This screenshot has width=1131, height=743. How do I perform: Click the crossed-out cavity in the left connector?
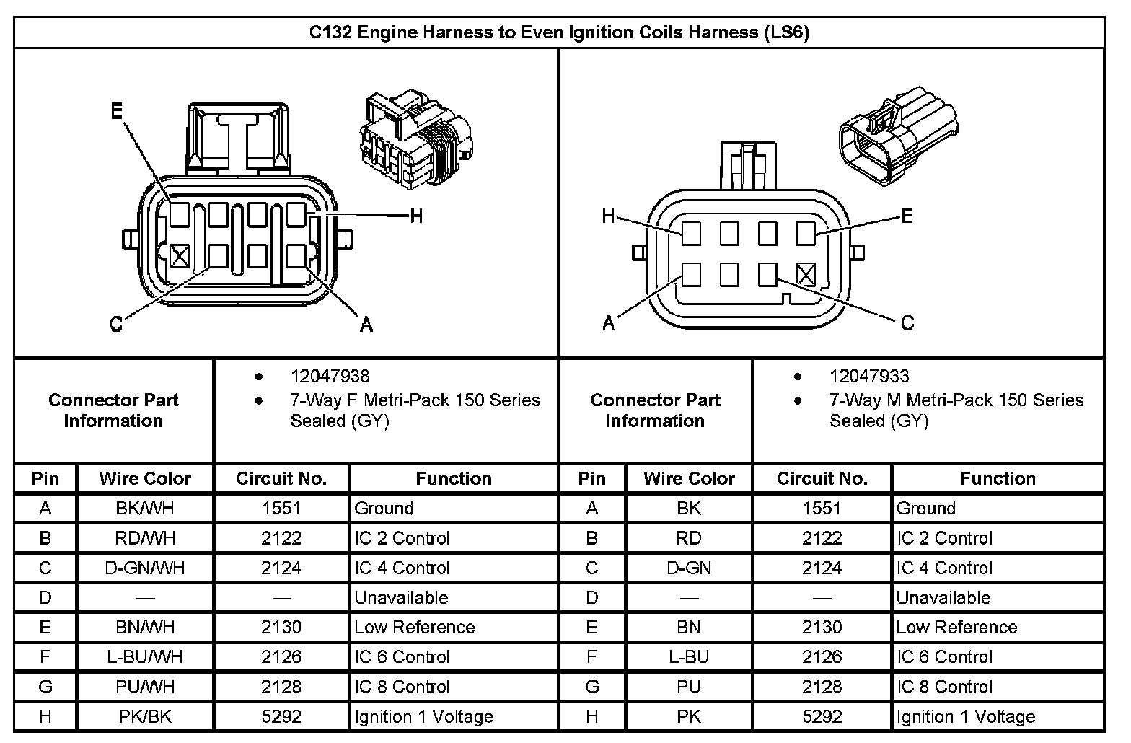pos(180,255)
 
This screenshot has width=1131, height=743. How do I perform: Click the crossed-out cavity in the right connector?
pos(806,274)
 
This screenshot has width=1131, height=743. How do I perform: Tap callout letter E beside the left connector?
pos(117,111)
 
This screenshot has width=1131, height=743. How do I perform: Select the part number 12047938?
pos(330,376)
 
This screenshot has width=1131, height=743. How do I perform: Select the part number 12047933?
pos(869,376)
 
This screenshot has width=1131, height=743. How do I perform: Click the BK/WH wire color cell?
pos(145,509)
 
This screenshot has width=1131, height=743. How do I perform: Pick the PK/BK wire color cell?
pos(145,716)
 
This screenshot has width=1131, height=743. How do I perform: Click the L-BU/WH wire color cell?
pos(145,657)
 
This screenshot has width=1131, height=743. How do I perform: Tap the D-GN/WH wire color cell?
pos(145,568)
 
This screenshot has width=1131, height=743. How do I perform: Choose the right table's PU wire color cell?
pos(689,687)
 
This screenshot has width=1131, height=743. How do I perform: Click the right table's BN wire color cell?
pos(689,628)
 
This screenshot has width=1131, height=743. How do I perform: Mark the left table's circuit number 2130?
pos(281,628)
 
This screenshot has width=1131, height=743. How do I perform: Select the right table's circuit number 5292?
pos(822,716)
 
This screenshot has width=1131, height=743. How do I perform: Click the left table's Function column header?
pos(454,478)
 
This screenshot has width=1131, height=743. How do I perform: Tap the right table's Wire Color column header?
pos(689,478)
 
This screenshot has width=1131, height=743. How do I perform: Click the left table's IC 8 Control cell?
pos(402,687)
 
